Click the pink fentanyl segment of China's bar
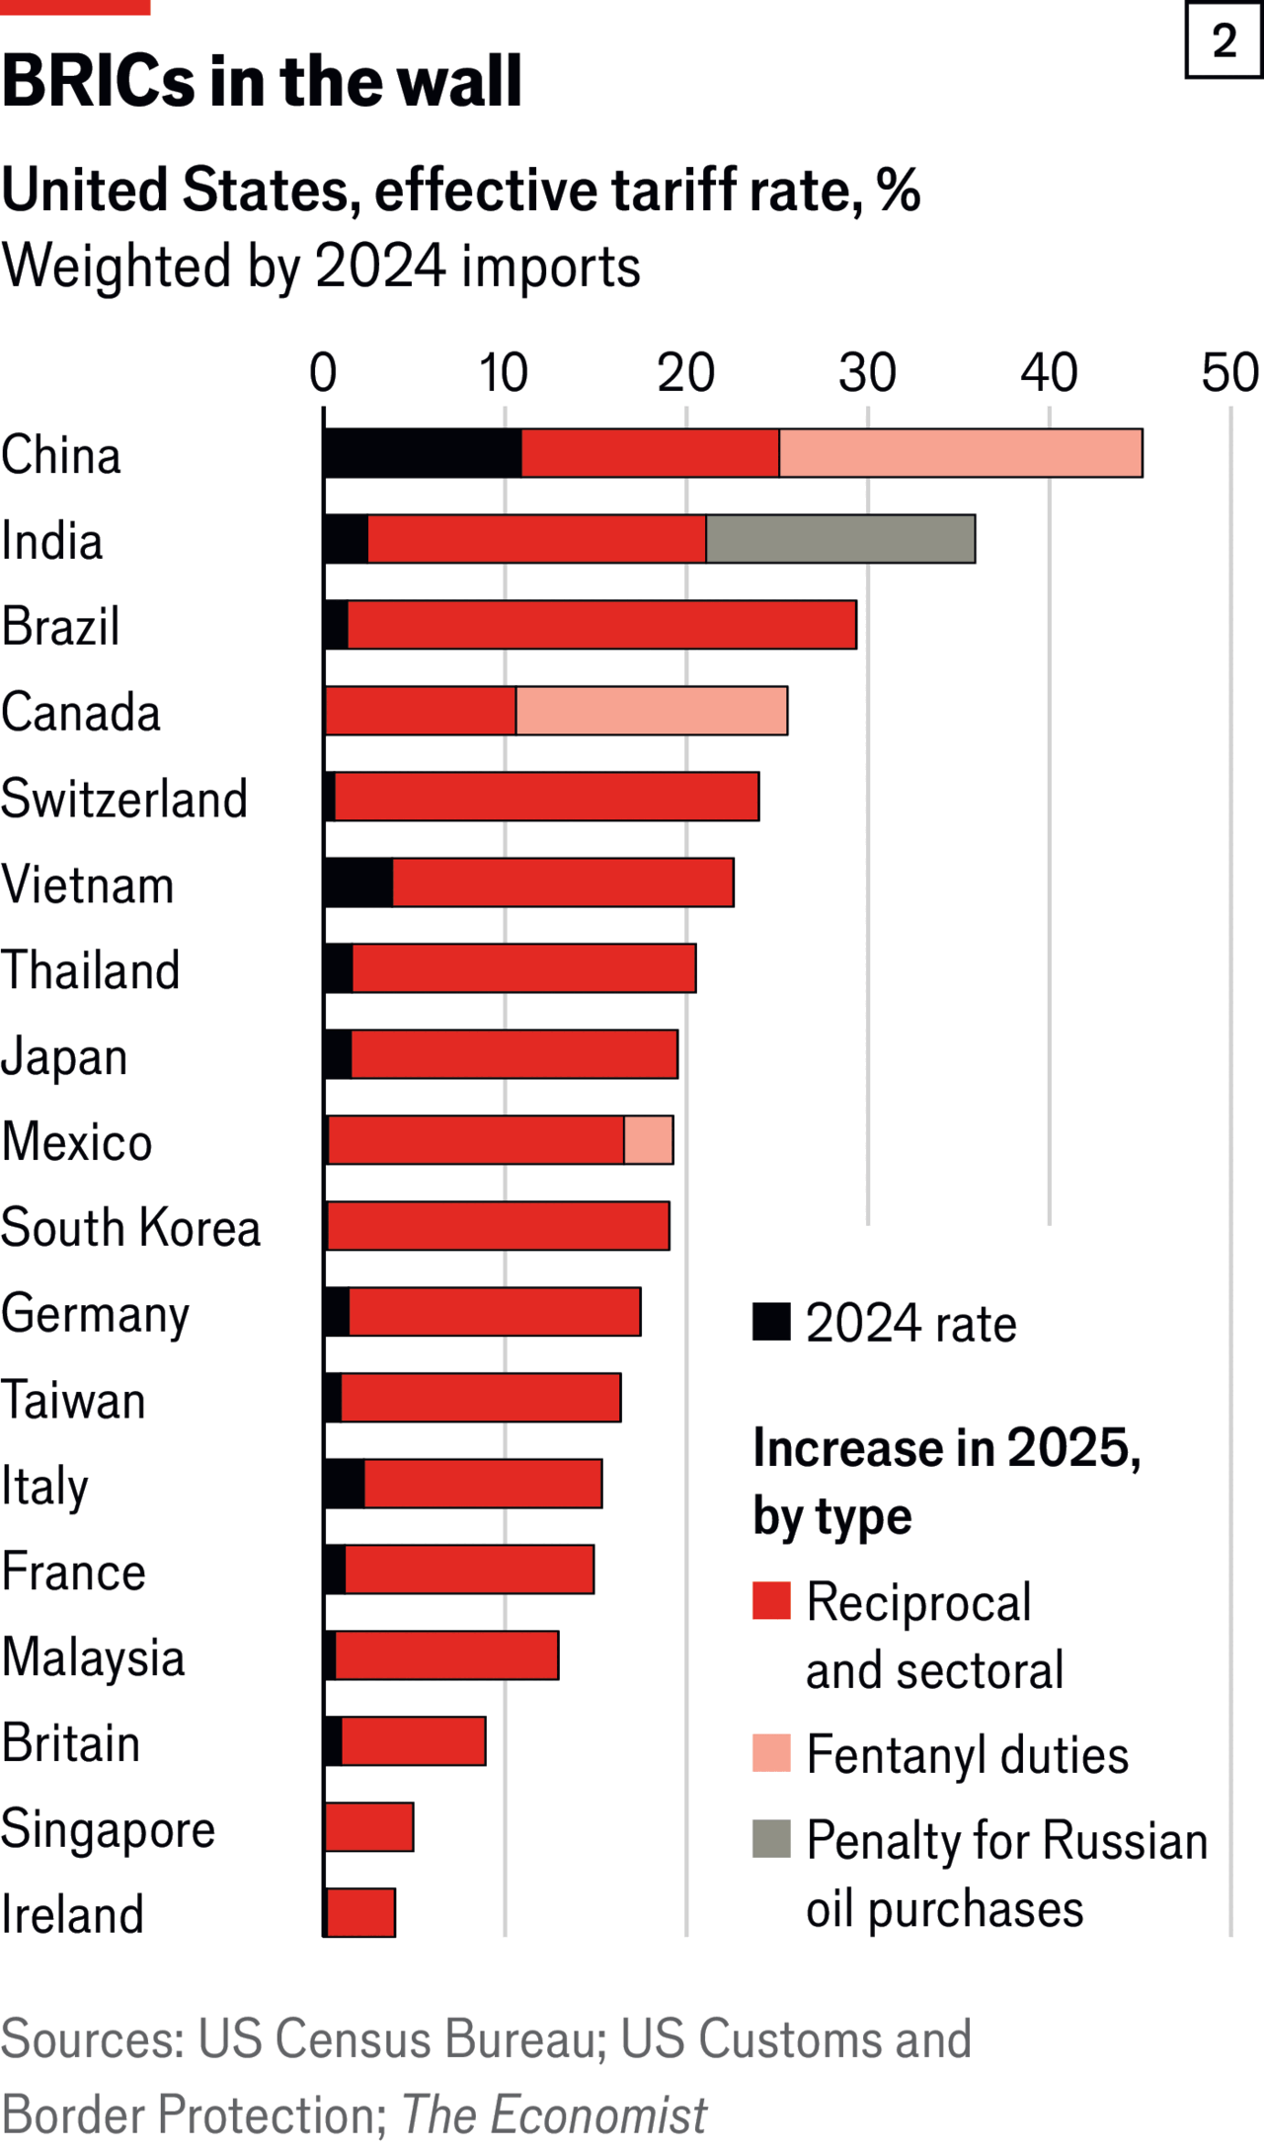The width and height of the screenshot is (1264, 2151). tap(960, 453)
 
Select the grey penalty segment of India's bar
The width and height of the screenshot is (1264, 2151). tap(840, 539)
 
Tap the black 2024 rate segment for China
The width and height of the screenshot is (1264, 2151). tap(423, 453)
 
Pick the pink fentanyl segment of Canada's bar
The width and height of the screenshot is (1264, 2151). tap(652, 711)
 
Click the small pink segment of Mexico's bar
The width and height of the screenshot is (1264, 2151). tap(649, 1140)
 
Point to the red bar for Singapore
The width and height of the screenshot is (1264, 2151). tap(369, 1827)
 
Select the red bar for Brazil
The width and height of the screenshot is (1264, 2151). tap(601, 625)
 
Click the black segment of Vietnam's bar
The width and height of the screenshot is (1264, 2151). tap(358, 883)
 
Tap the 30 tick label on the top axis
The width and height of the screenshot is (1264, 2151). tap(867, 373)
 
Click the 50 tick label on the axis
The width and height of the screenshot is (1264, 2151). tap(1229, 373)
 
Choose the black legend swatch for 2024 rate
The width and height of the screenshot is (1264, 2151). tap(771, 1322)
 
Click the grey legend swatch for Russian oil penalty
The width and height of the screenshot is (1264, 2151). tap(771, 1839)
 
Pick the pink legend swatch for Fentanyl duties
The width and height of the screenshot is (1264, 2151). tap(771, 1753)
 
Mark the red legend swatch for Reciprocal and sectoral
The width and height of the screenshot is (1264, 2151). tap(771, 1601)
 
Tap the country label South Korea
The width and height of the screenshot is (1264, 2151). tap(130, 1227)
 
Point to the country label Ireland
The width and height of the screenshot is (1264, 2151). tap(72, 1914)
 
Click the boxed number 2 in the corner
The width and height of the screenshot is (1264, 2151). tap(1224, 40)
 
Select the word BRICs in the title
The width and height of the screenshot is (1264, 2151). tap(99, 81)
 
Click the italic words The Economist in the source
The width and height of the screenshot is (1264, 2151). tap(554, 2115)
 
